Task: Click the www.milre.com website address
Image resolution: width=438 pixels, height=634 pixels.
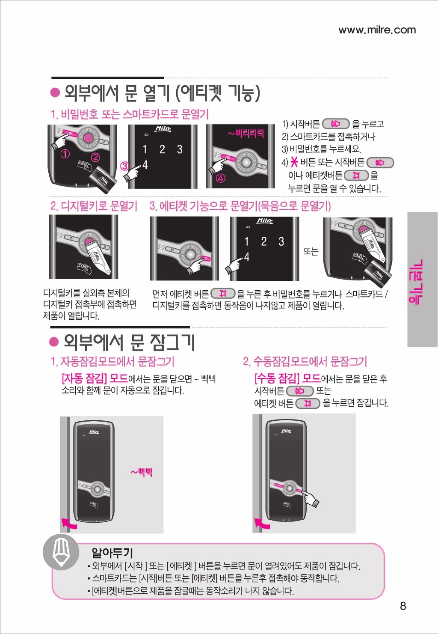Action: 377,30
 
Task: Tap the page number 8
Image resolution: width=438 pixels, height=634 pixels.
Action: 403,606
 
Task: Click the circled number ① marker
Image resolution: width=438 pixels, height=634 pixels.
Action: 65,154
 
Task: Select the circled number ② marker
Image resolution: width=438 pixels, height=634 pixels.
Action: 95,158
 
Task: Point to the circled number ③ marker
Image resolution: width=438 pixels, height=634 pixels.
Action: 125,166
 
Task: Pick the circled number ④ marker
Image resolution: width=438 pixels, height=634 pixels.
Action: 221,179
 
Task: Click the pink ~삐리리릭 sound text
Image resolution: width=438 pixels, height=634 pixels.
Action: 246,133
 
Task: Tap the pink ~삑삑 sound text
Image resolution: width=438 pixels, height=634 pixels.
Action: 142,472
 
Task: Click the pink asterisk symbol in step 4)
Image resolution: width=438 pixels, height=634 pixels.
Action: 294,163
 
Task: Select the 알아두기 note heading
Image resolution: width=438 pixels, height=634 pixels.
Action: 112,552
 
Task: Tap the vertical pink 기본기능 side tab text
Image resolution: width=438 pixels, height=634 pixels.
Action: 416,282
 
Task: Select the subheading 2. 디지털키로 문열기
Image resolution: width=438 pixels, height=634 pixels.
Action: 94,206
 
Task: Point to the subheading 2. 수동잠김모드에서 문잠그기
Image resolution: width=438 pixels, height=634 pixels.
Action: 305,361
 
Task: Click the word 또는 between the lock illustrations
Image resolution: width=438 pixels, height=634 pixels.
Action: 311,251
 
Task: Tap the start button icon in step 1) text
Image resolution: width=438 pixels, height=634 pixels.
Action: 336,124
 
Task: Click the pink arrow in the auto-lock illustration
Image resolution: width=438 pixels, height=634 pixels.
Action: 69,523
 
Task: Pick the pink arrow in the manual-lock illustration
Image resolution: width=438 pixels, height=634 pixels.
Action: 262,523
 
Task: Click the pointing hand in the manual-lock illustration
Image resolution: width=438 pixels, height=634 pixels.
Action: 310,500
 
